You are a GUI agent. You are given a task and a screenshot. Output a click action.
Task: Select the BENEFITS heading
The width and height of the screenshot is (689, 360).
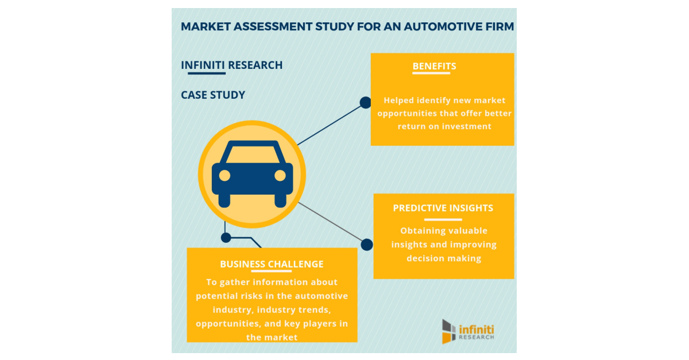[x=434, y=66]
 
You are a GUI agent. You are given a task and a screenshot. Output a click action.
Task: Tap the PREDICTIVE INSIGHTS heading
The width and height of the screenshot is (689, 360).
[x=443, y=208]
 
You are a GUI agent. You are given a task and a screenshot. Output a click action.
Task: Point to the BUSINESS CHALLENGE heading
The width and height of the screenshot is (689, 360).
[x=272, y=264]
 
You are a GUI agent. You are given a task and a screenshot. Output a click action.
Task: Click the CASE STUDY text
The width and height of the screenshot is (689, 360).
[x=213, y=95]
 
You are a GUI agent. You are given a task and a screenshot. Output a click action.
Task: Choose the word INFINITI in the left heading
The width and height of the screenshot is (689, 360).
[x=203, y=65]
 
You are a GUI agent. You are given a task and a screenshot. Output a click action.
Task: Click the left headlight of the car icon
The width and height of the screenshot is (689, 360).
[x=224, y=175]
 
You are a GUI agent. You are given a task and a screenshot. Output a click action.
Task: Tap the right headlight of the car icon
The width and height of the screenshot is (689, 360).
[x=280, y=175]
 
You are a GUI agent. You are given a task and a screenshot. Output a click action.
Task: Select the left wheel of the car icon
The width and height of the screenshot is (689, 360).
[x=224, y=200]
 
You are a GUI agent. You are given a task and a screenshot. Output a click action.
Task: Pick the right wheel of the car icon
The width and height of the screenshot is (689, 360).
[x=280, y=200]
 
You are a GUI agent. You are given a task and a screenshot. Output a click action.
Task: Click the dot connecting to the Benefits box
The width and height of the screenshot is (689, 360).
[x=365, y=103]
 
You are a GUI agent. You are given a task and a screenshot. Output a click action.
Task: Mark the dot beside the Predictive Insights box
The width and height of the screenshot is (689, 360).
[x=367, y=245]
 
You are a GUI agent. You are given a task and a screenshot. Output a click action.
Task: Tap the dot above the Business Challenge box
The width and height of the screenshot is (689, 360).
[x=226, y=237]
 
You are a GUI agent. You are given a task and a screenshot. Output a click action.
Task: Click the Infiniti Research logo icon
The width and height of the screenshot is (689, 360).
[x=448, y=331]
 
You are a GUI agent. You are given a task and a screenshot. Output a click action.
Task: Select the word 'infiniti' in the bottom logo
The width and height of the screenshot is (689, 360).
[x=477, y=329]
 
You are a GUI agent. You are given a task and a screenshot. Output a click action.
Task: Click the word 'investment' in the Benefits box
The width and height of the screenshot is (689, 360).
[x=467, y=126]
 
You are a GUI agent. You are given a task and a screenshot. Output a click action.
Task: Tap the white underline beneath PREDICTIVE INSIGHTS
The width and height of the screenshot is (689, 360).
[x=443, y=219]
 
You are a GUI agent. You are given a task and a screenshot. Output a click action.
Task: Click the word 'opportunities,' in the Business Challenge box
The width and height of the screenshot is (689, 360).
[x=228, y=323]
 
